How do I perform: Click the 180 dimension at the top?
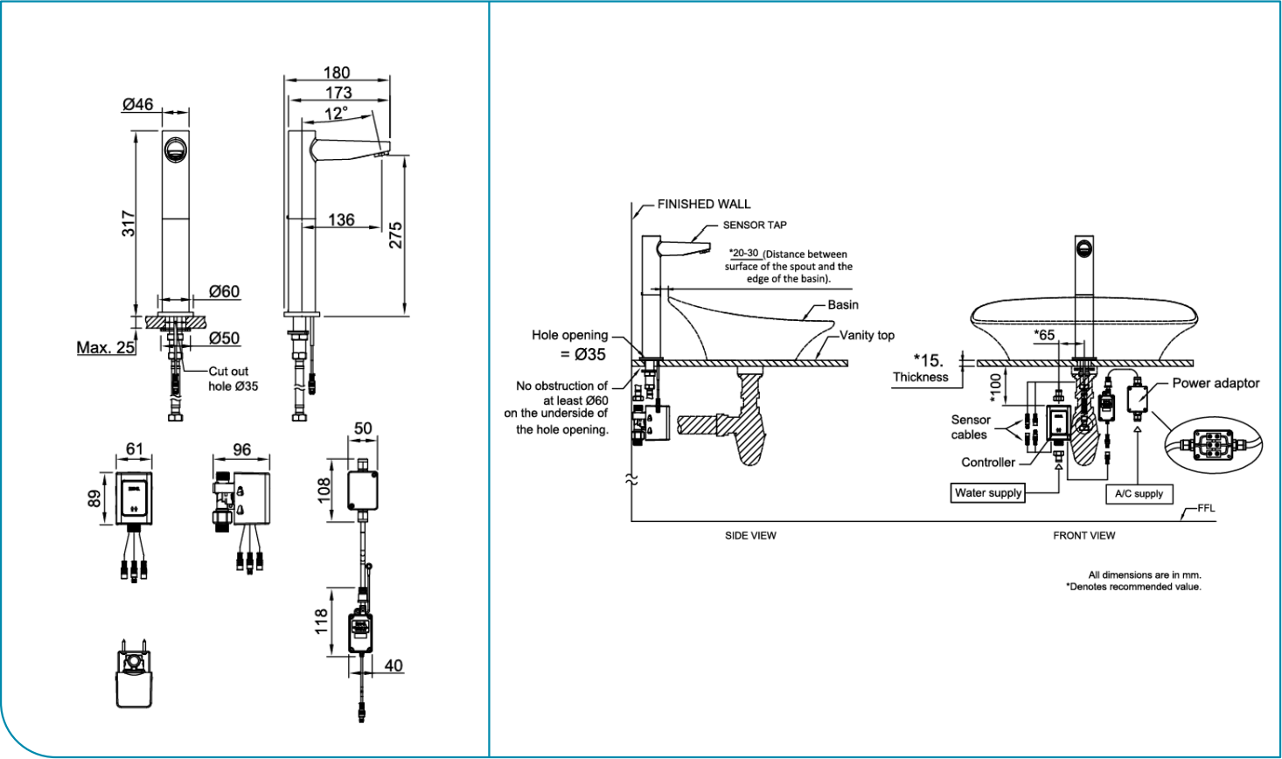(x=337, y=73)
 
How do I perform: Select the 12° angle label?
(x=336, y=114)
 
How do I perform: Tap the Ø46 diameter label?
(x=137, y=104)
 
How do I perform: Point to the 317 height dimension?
(x=129, y=223)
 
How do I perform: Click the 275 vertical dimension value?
(x=396, y=234)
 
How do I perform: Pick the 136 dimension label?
(x=341, y=219)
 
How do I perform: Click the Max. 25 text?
(x=106, y=347)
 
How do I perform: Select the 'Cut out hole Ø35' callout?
(x=233, y=379)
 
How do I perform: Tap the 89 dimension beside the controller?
(x=94, y=498)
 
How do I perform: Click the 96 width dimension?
(x=241, y=449)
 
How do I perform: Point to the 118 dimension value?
(x=322, y=622)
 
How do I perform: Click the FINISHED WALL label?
(x=704, y=204)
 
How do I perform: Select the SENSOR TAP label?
(x=754, y=225)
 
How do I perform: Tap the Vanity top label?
(x=867, y=335)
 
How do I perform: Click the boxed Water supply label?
(x=988, y=493)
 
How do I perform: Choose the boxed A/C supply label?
(x=1139, y=494)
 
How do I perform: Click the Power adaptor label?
(x=1216, y=383)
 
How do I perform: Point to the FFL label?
(x=1206, y=508)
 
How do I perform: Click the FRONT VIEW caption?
(x=1083, y=535)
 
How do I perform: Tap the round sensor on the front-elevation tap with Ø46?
(x=176, y=150)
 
